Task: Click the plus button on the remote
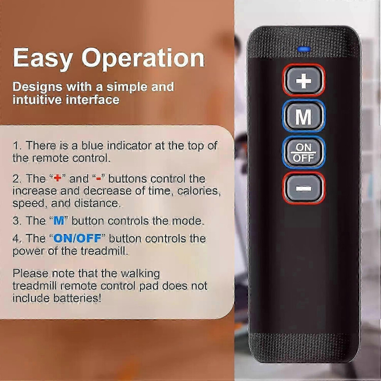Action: pos(304,80)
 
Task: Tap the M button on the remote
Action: pos(304,116)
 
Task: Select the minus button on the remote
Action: pos(304,188)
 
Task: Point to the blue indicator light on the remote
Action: pos(304,49)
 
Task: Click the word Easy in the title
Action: pos(43,58)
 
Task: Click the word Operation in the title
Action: pos(143,58)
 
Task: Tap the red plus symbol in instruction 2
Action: pos(58,178)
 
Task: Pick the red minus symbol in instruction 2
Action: pos(99,179)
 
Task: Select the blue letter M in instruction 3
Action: pos(59,221)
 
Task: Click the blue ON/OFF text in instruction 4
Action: pos(77,238)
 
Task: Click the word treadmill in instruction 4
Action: pos(104,251)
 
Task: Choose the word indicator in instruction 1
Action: pos(129,145)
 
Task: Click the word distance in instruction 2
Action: pos(97,203)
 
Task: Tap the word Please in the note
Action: pos(31,274)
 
